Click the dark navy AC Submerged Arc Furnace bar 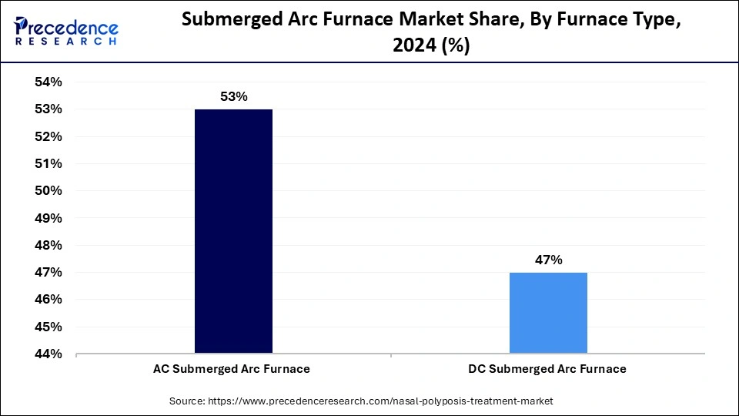coord(233,231)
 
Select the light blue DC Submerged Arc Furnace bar coord(548,313)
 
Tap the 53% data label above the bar coord(233,97)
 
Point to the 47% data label coord(548,260)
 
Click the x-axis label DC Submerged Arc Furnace coord(547,369)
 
